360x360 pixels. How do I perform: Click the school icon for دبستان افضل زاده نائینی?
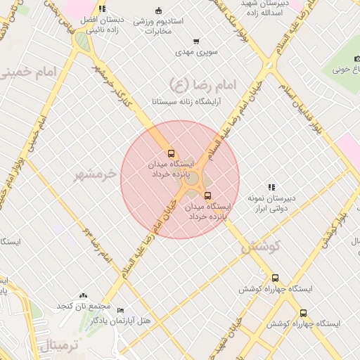102,9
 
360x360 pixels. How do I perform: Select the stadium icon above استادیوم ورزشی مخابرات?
158,10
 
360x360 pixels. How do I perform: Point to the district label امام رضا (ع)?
204,86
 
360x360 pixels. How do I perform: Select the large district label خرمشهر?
94,174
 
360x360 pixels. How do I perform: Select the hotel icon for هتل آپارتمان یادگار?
120,310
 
